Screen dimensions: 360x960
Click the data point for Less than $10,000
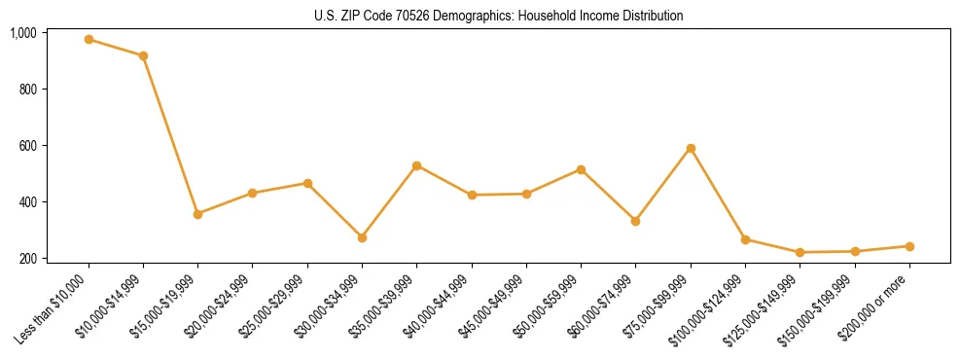click(89, 40)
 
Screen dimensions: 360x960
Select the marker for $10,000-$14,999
click(143, 56)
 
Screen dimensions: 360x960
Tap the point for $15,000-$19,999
click(198, 214)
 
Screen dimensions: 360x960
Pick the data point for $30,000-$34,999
click(362, 237)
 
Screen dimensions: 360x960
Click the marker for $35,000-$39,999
click(417, 165)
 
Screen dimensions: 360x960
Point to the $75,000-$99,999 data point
click(691, 148)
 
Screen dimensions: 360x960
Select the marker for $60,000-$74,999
click(636, 221)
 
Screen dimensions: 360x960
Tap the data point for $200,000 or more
click(909, 246)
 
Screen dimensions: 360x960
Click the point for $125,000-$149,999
click(800, 253)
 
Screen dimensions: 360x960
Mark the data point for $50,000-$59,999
click(581, 169)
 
